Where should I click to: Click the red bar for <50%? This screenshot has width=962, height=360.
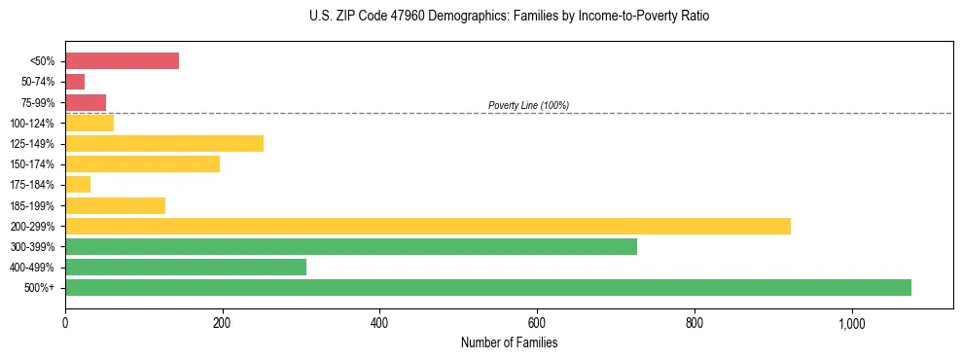coord(122,61)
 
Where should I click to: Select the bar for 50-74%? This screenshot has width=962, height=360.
coord(75,82)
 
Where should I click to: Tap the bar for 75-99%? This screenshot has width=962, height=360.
coord(86,102)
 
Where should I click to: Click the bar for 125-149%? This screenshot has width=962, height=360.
coord(164,144)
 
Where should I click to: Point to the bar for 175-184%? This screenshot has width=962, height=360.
coord(78,185)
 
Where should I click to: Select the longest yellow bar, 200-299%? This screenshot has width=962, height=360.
coord(428,226)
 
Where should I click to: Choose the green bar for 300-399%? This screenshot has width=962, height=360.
coord(351,246)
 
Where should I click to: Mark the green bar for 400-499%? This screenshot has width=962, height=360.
coord(186,267)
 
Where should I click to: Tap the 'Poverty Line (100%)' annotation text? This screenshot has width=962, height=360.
coord(528,105)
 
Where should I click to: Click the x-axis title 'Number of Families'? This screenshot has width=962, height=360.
coord(509,342)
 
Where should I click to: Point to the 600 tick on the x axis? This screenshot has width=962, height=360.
coord(537,322)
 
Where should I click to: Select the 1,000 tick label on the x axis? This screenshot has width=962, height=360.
coord(851,322)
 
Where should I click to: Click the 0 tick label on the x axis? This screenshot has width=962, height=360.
coord(65,322)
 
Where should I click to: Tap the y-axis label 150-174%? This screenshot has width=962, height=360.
coord(33,164)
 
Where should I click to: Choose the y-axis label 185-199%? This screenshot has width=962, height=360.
coord(33,205)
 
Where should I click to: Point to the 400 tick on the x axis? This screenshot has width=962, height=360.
coord(379,322)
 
